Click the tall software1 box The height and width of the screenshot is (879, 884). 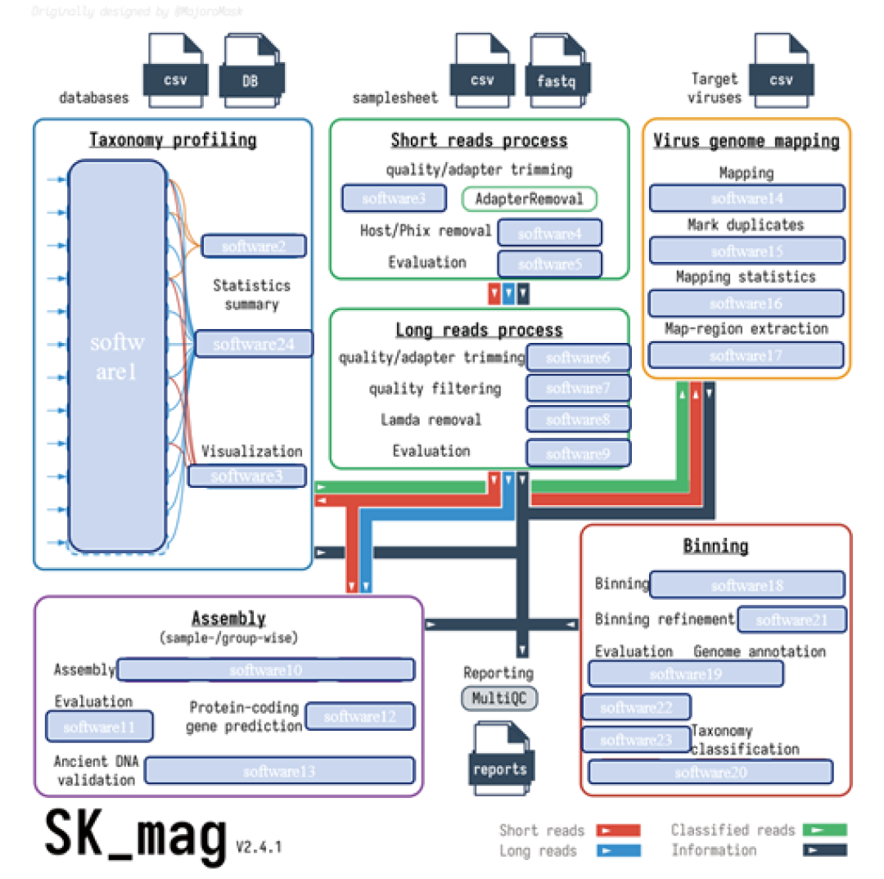tap(117, 355)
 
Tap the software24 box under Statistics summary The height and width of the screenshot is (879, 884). tap(254, 344)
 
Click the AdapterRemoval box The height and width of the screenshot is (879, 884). tap(530, 199)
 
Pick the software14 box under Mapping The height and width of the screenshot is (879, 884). tap(746, 198)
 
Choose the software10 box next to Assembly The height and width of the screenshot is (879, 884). tap(266, 670)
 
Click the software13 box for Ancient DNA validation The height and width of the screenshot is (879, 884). tap(279, 770)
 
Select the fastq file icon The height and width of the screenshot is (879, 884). tap(557, 76)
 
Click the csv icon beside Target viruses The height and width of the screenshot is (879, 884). tap(782, 76)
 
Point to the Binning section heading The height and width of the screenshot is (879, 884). tap(715, 546)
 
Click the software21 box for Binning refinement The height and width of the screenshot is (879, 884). tap(792, 620)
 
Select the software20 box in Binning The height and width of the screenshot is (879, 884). tap(710, 772)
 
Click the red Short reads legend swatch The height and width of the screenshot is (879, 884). tap(618, 831)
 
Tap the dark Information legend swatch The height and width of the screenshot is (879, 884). tap(825, 850)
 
